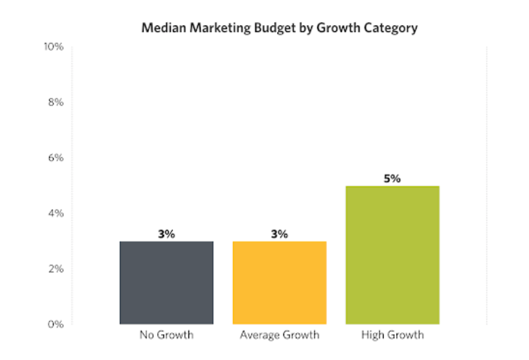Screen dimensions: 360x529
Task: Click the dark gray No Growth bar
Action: tap(165, 283)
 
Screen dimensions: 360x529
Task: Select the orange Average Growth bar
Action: tap(279, 283)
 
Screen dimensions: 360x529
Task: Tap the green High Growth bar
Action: tap(392, 255)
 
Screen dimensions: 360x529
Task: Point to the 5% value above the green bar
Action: tap(392, 178)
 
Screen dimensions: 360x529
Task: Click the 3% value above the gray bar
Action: tap(165, 234)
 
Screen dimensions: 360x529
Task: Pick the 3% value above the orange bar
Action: tap(279, 234)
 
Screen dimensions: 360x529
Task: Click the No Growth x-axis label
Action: tap(165, 335)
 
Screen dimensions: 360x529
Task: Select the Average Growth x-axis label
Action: tap(279, 335)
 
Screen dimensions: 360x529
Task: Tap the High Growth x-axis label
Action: tap(392, 335)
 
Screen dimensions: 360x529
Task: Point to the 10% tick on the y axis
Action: tap(54, 47)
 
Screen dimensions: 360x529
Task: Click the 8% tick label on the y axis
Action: tap(55, 103)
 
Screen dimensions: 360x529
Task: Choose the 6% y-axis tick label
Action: tap(55, 158)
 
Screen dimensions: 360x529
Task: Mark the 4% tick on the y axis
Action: tap(55, 213)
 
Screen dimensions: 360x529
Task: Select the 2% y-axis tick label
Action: tap(55, 269)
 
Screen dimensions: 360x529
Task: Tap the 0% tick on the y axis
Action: tap(55, 324)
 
